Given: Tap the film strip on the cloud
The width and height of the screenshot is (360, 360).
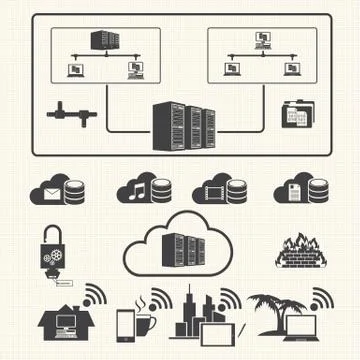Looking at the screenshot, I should (214, 190).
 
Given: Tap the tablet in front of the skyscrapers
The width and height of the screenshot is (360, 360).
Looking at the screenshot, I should (220, 326).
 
